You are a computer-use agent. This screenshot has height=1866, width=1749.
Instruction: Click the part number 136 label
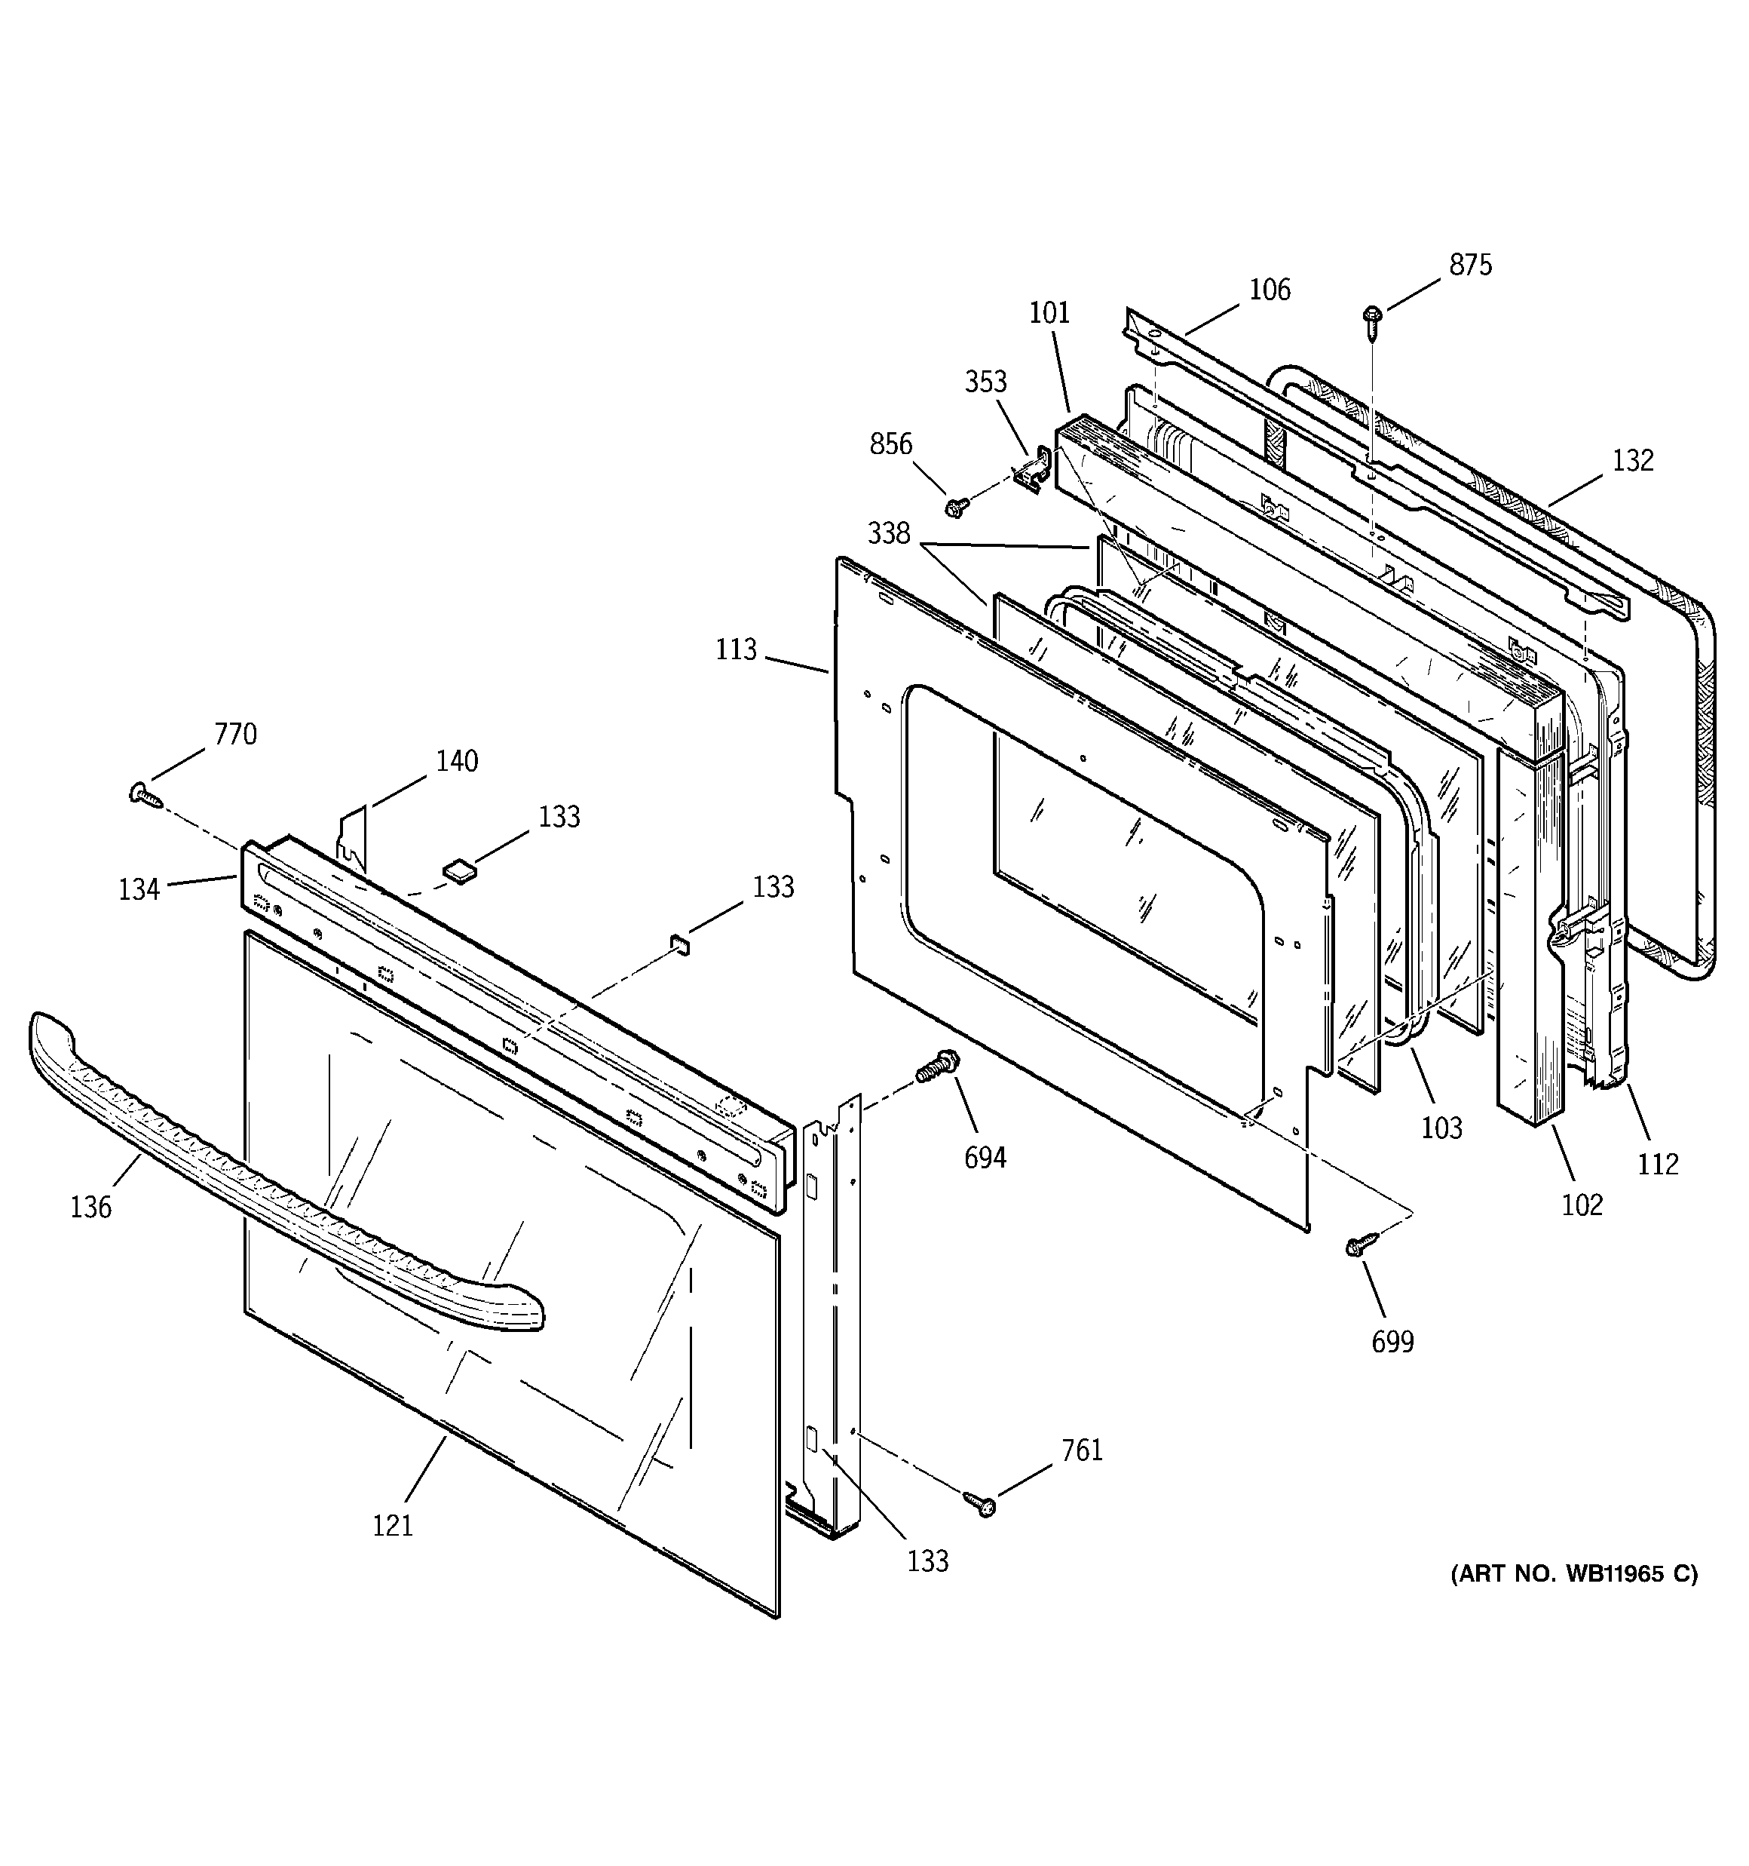coord(91,1207)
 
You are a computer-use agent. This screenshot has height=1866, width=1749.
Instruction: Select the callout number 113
coord(736,649)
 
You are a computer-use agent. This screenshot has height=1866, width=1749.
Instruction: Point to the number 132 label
coord(1633,460)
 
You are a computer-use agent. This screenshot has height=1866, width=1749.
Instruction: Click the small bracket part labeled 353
coord(1035,471)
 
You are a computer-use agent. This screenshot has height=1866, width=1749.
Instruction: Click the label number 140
coord(456,760)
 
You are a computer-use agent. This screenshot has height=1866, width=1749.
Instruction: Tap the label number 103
coord(1441,1128)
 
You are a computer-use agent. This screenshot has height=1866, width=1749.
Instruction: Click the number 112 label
coord(1658,1164)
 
